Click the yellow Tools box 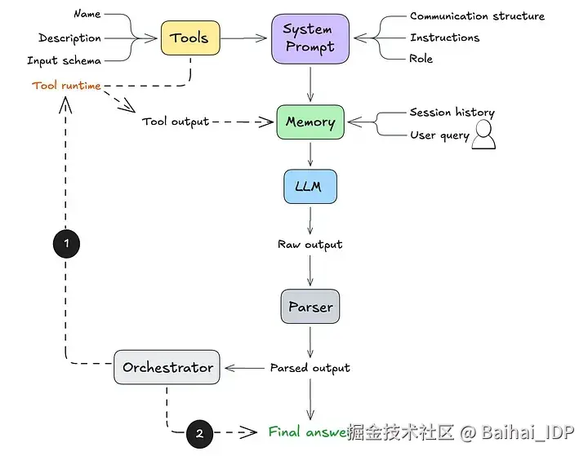190,38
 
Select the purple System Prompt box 310,38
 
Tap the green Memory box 310,122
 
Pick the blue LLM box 310,186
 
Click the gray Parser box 310,307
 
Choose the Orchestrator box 167,367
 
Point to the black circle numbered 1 66,242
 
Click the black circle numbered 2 199,433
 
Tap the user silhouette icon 484,135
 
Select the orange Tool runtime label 66,86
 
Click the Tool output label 176,122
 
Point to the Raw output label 310,244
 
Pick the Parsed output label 310,368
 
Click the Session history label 452,113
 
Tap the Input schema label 65,60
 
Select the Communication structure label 477,15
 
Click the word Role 421,59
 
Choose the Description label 70,38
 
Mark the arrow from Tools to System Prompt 246,38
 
